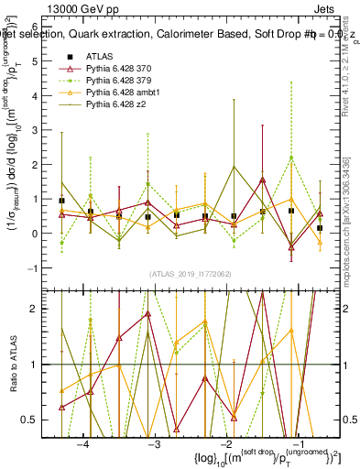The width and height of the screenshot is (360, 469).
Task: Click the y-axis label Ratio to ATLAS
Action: [x=13, y=364]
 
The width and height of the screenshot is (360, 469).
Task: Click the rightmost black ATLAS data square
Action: [x=320, y=227]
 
